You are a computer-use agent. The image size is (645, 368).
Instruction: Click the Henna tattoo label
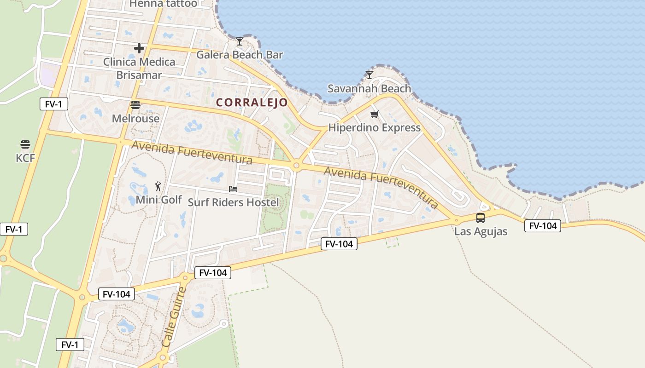(163, 4)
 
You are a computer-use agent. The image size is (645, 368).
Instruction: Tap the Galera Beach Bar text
(240, 55)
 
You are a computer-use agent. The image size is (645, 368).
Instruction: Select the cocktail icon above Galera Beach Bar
(239, 41)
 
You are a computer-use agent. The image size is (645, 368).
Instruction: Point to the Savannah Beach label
(369, 88)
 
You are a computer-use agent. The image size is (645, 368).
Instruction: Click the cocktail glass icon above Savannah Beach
(369, 75)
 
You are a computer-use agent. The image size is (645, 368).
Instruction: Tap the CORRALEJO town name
(252, 103)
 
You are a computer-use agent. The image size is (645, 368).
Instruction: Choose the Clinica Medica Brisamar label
(139, 68)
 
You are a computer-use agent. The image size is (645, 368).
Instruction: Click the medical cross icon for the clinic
(139, 48)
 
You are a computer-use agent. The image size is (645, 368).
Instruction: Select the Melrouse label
(135, 118)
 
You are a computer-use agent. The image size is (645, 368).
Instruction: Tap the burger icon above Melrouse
(135, 105)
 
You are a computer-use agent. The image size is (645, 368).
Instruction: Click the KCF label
(25, 158)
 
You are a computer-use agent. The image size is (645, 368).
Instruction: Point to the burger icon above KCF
(25, 144)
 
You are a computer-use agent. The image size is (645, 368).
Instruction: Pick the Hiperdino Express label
(374, 127)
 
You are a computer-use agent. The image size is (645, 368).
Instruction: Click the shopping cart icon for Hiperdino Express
(374, 114)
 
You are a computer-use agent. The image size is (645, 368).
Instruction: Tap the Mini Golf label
(158, 200)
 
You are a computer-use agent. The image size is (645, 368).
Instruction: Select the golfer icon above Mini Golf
(158, 186)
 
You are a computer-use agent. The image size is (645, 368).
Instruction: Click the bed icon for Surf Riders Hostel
(233, 189)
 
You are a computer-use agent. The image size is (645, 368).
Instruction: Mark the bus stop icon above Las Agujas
(481, 218)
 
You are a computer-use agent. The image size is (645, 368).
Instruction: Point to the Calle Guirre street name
(174, 317)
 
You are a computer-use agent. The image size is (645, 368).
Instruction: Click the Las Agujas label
(481, 231)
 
